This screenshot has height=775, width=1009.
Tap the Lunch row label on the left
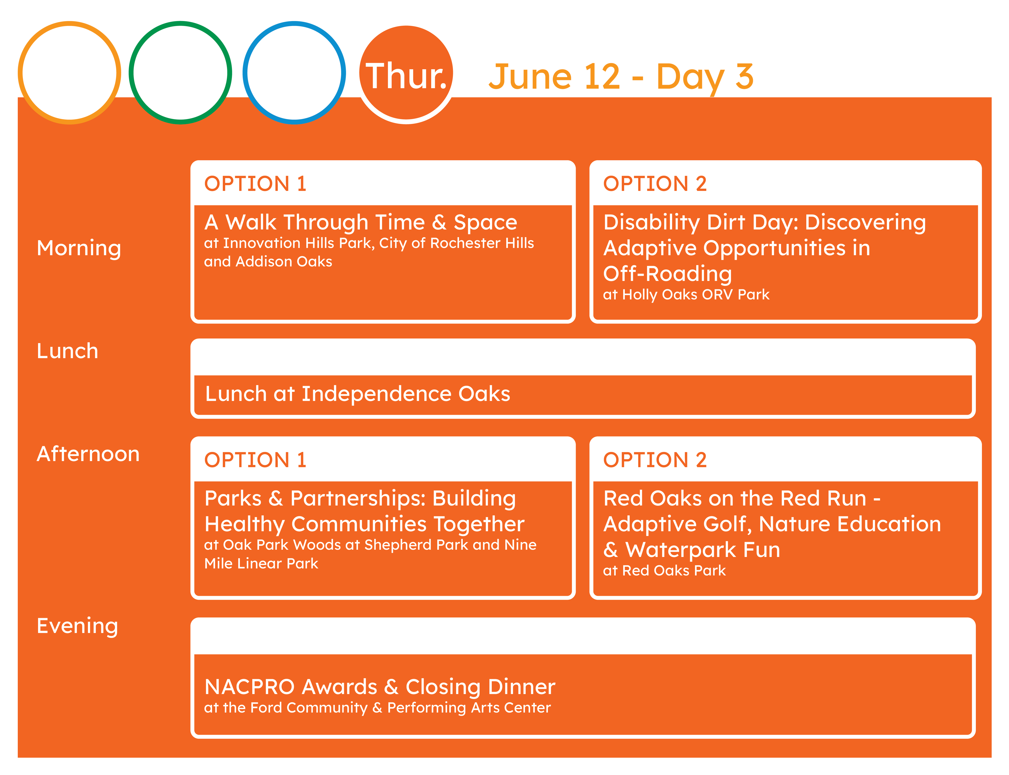(67, 351)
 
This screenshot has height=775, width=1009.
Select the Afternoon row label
(88, 454)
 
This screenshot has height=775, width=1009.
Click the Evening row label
(77, 627)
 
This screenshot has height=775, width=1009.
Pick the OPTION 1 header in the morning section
(255, 184)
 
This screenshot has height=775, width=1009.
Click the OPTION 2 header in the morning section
(655, 184)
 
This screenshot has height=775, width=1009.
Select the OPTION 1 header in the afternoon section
(255, 460)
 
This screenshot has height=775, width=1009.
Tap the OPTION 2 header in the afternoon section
(655, 460)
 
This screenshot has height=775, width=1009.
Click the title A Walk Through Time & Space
(361, 222)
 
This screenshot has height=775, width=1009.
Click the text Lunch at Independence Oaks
(357, 394)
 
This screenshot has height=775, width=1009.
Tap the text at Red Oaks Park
(664, 571)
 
